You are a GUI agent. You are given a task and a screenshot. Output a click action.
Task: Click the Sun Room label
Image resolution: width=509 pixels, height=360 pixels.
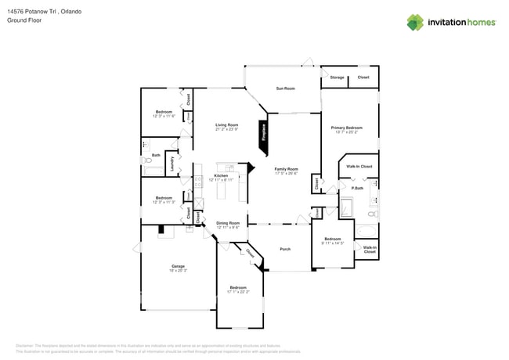tap(285, 88)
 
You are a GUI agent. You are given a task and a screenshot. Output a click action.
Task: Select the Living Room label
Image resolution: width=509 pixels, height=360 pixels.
tap(227, 124)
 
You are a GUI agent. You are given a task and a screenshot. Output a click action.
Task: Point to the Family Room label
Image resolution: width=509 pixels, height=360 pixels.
tap(286, 169)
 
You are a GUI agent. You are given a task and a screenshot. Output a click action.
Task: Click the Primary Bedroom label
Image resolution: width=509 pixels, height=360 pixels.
tap(346, 128)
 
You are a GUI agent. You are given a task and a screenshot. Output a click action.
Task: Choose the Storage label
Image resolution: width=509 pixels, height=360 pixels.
tap(337, 77)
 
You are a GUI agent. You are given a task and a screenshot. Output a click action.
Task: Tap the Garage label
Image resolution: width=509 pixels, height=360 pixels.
tap(179, 266)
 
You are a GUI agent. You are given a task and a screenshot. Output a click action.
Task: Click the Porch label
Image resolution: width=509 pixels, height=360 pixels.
tap(285, 249)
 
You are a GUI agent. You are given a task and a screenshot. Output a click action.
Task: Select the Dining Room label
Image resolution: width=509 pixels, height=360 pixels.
tap(228, 223)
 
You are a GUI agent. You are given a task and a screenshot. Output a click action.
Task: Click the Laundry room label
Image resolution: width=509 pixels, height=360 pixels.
tap(172, 164)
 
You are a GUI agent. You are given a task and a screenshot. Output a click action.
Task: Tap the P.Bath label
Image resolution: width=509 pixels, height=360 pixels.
tap(357, 188)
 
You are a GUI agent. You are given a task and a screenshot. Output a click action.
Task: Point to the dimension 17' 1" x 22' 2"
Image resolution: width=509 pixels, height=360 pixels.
tap(239, 292)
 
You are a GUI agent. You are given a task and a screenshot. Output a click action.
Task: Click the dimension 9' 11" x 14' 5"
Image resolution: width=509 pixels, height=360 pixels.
tap(333, 243)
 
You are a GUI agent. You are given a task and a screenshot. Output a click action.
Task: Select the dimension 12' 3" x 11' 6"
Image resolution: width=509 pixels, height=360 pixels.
tap(164, 117)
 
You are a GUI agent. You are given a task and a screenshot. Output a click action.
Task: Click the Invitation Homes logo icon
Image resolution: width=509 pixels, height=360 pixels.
tap(416, 22)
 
